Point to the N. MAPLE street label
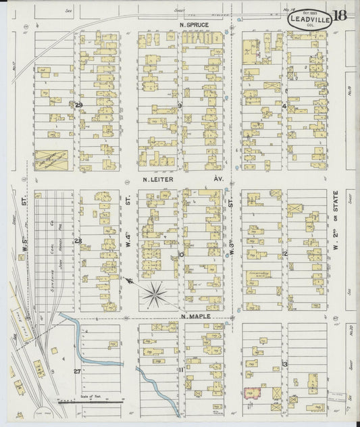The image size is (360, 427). tap(196, 315)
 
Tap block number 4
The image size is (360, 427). tap(284, 106)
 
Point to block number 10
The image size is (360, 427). tap(180, 255)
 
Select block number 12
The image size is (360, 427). tap(285, 254)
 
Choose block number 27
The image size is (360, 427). tap(76, 371)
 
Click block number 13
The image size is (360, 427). tap(285, 365)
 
